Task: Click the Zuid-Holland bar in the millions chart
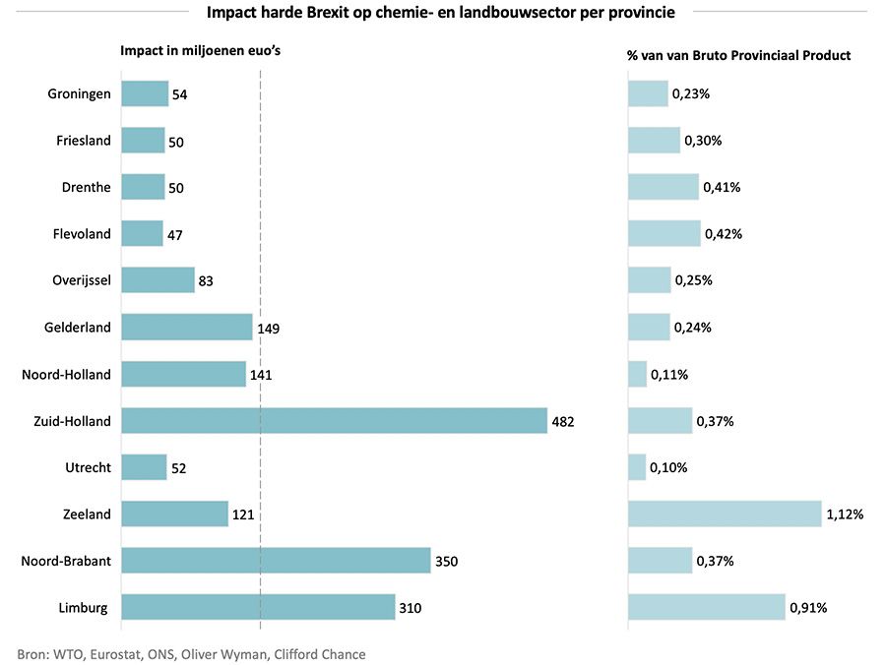[334, 421]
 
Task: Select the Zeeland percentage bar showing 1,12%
[725, 514]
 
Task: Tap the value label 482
[562, 421]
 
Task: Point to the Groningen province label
[79, 94]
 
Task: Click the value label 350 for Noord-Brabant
[446, 561]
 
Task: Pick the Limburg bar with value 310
[258, 608]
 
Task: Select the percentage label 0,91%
[808, 608]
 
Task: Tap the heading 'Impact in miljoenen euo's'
[201, 52]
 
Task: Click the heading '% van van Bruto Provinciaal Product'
[738, 55]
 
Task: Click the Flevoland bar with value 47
[142, 234]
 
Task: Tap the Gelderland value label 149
[269, 328]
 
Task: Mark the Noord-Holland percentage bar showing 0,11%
[637, 374]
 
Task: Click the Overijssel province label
[81, 280]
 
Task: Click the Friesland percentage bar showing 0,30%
[654, 141]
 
